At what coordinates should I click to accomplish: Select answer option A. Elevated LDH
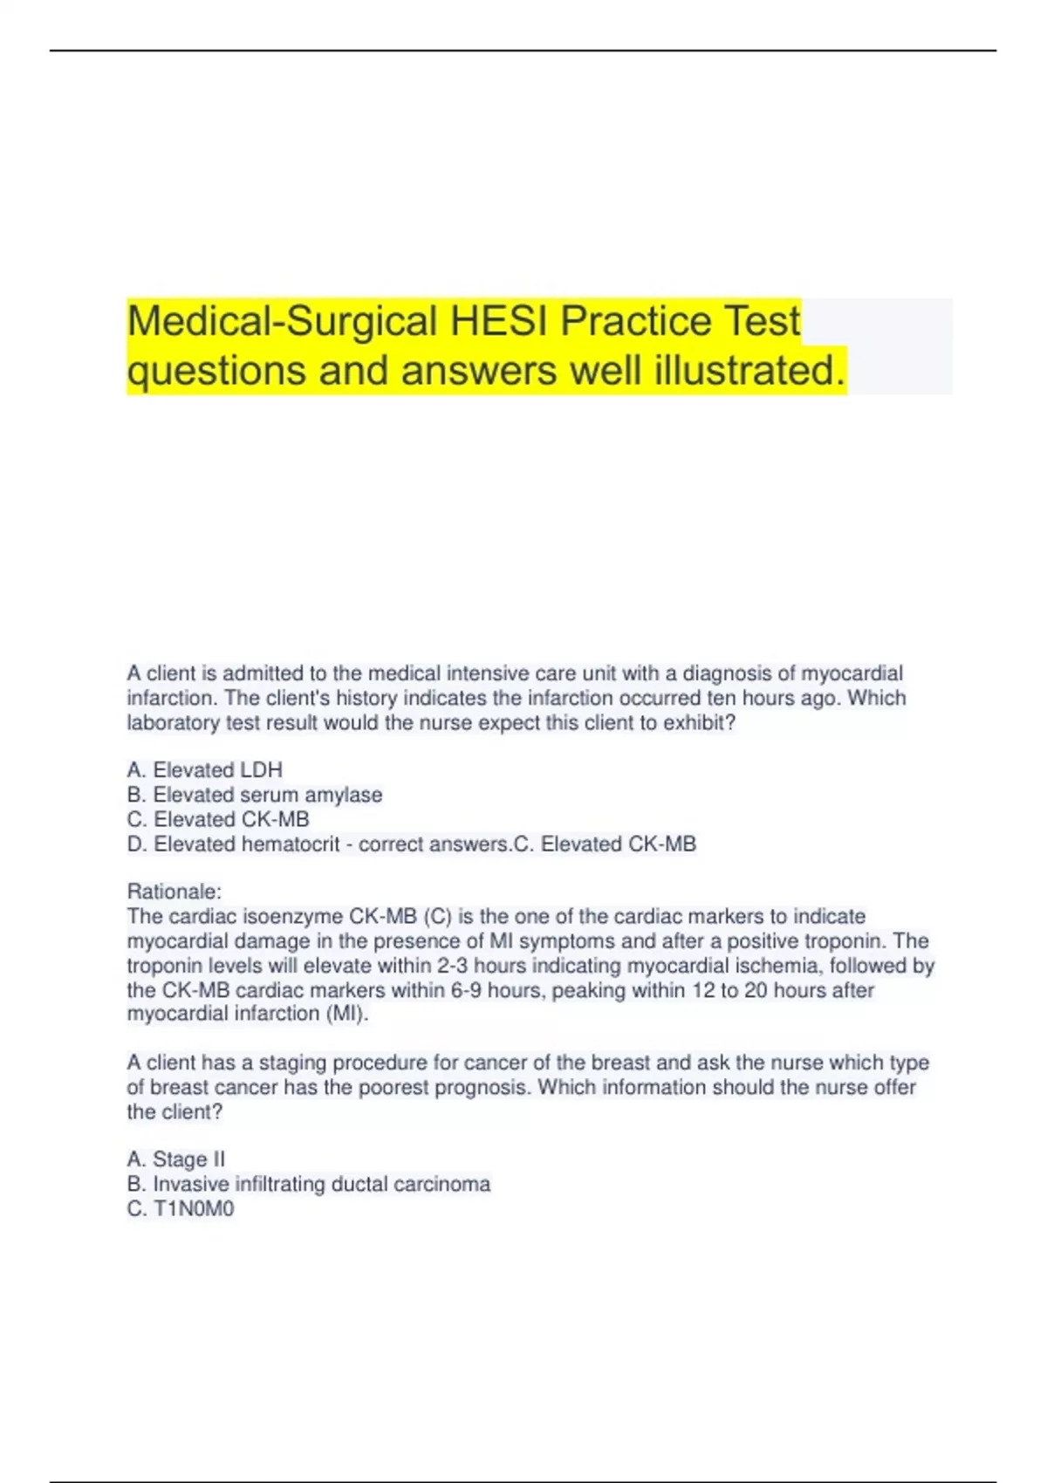coord(204,770)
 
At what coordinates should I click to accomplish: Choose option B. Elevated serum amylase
coord(254,795)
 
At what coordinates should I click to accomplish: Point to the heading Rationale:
coord(174,892)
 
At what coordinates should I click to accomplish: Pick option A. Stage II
coord(175,1159)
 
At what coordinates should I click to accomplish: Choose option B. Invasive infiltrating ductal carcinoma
coord(308,1184)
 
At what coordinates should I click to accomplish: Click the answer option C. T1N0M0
coord(181,1209)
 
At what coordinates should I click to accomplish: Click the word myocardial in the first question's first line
coord(852,673)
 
